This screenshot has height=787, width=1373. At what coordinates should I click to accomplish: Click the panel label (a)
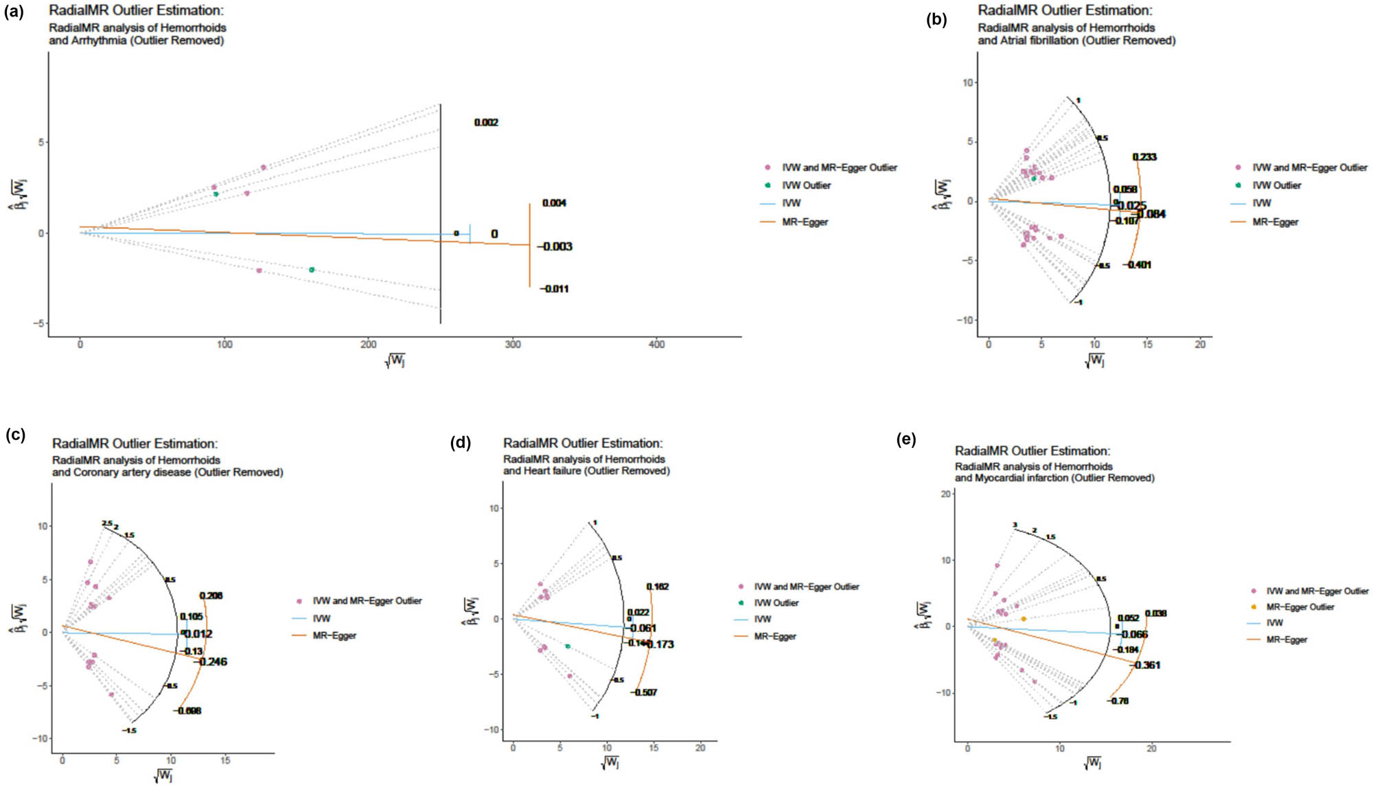coord(14,12)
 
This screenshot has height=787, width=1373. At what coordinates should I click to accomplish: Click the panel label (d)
coord(461,443)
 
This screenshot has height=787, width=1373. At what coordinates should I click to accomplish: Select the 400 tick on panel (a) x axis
coord(656,344)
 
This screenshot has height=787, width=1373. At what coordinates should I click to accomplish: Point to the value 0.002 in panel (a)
coord(486,122)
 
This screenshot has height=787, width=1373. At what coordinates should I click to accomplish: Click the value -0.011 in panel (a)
coord(554,289)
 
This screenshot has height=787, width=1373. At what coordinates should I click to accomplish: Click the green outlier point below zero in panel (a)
coord(312,270)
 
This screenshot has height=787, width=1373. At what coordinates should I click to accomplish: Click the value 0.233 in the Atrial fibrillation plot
coord(1144,157)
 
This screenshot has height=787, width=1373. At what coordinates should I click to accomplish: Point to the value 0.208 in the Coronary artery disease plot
coord(211,596)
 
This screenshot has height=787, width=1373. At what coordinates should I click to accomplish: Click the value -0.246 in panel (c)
coord(212,661)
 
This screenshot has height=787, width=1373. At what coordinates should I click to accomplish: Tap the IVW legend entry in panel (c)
coord(321,618)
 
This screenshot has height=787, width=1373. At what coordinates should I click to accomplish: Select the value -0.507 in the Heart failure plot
coord(645,692)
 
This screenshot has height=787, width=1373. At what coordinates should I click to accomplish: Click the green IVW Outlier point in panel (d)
coord(568,646)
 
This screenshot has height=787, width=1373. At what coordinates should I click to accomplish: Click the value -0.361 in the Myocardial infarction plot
coord(1146,665)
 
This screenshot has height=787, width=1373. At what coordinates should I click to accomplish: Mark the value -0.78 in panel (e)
coord(1119,701)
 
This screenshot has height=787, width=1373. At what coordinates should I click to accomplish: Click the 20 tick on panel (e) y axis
coord(945,494)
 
